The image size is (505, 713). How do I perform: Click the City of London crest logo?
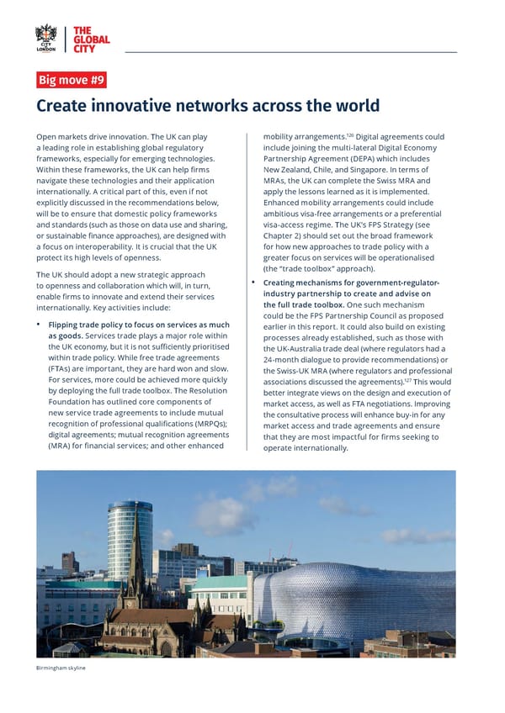tap(46, 38)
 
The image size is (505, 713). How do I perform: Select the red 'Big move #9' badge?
tap(71, 81)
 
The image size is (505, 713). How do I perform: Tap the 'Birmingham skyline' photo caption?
tap(61, 667)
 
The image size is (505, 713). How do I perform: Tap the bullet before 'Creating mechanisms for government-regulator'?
tap(254, 283)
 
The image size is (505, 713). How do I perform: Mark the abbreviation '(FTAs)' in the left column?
tap(63, 369)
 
